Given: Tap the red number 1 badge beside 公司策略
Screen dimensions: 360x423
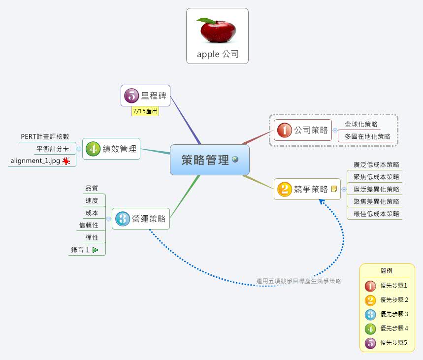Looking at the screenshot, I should pos(284,130).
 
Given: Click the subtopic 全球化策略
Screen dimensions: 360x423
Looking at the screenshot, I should pos(361,124).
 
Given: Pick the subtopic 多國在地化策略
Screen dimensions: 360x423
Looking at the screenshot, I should pos(367,136).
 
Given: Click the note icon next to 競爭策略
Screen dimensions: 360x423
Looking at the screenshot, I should pos(334,189).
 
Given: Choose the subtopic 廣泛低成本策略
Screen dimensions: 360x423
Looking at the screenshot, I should pos(376,164).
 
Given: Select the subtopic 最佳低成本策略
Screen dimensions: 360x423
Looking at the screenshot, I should pos(376,214).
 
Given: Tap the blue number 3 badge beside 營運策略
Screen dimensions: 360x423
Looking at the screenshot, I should pos(122,219).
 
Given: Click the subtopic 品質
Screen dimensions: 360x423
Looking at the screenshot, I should pos(92,188).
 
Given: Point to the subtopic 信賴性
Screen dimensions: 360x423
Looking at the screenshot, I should pos(89,225).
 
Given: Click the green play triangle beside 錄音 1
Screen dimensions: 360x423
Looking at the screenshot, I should pos(96,250).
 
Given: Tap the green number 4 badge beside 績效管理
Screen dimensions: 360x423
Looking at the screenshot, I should pos(93,149).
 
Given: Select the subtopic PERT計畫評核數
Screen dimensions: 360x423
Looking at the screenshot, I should pos(45,136).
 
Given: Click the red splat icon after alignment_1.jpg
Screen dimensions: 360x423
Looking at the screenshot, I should pos(66,161).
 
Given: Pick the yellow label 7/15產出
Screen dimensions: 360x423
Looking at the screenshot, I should pos(145,111).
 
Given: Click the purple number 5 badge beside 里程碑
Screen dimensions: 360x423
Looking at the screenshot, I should pos(131,96).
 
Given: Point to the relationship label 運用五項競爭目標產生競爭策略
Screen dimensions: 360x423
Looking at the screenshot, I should pos(298,281).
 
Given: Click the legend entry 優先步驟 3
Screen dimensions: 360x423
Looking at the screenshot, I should pos(394,314).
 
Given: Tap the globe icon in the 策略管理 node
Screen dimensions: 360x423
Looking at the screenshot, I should pos(235,159).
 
